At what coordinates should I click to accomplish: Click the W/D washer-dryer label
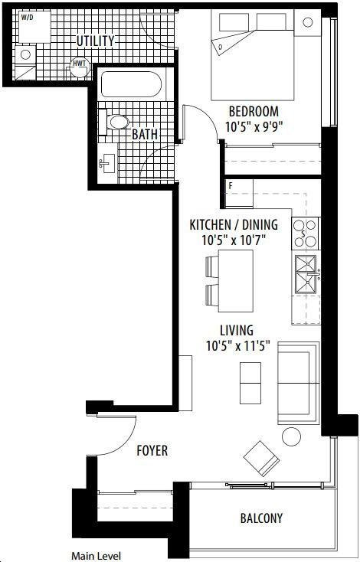click(27, 17)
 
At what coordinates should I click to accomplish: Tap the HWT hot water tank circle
click(79, 67)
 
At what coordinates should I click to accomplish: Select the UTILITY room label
click(96, 41)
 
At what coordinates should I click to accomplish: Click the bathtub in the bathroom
click(131, 84)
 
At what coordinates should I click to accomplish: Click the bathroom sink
click(107, 163)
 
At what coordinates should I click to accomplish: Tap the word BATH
click(145, 135)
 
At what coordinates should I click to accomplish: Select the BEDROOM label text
click(254, 112)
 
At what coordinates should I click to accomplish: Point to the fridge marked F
click(239, 194)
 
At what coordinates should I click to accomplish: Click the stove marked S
click(306, 234)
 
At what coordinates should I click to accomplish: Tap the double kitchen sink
click(306, 274)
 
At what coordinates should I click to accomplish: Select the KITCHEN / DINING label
click(234, 225)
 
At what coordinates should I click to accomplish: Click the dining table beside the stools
click(236, 281)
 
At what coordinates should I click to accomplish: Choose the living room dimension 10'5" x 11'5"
click(237, 345)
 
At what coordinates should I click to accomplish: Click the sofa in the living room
click(298, 383)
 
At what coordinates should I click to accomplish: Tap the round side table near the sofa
click(291, 436)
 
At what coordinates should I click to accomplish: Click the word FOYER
click(152, 450)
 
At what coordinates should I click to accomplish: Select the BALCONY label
click(261, 518)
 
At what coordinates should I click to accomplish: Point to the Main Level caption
click(96, 556)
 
